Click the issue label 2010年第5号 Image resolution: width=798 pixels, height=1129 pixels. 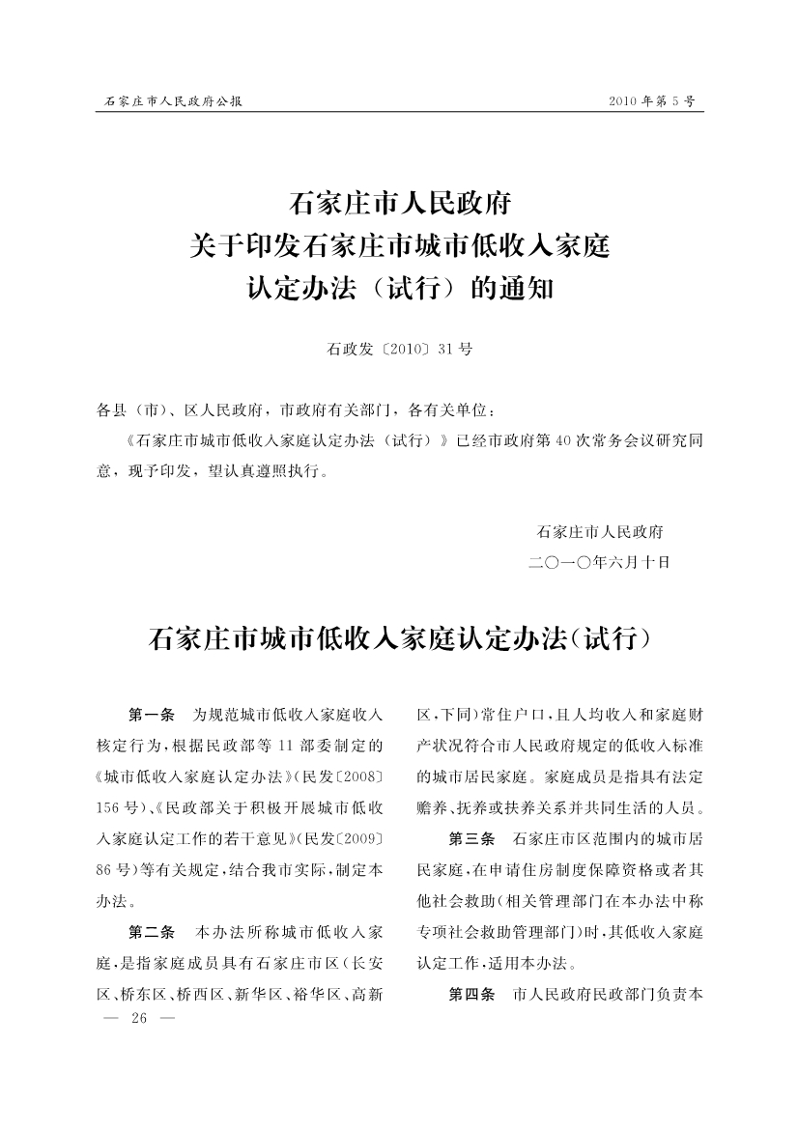[x=652, y=100]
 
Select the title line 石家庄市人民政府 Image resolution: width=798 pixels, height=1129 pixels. [x=399, y=206]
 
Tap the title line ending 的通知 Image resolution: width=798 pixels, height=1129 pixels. [x=399, y=288]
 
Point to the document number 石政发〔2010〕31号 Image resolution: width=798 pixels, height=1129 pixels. [x=400, y=349]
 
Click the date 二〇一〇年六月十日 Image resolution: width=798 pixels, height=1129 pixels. [x=599, y=561]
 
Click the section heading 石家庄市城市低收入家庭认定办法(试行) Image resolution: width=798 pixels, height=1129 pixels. [x=399, y=639]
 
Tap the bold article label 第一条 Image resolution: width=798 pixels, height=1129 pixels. [x=151, y=716]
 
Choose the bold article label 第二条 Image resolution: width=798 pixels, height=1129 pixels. [x=151, y=933]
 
